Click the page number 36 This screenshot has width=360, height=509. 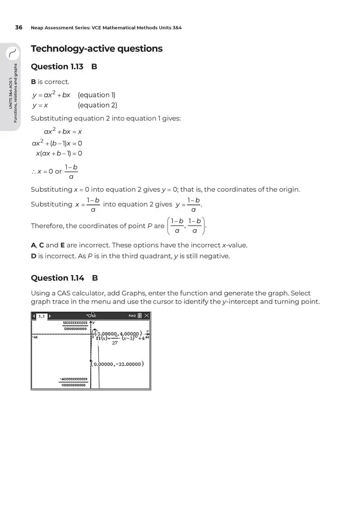pos(19,27)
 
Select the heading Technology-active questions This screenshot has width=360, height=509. pos(96,48)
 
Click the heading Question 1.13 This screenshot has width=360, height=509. pos(57,67)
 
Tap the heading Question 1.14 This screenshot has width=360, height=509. pos(57,278)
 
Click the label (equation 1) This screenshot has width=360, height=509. pos(96,95)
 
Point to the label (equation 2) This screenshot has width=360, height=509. pos(97,105)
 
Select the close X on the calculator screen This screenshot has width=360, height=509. pos(146,315)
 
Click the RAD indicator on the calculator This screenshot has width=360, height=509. pos(132,315)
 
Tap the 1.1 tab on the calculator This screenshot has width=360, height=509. pos(42,316)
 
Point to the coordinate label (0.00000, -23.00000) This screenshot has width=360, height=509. pos(118,364)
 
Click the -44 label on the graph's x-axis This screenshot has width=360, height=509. pos(35,337)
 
